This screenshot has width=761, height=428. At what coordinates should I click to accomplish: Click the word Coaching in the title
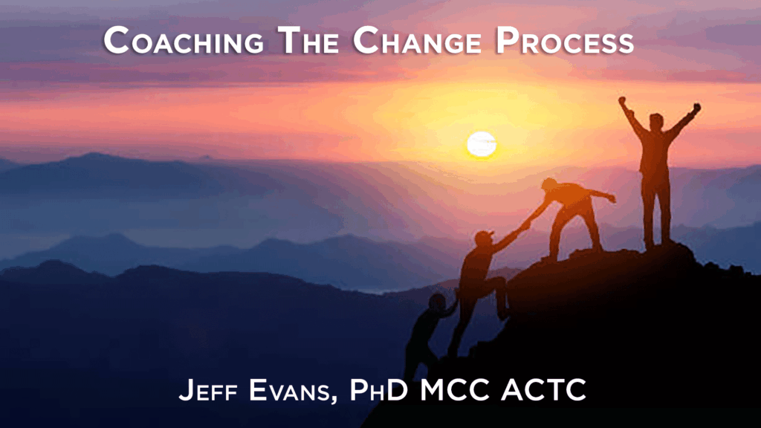184,40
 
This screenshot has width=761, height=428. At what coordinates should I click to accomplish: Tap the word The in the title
308,40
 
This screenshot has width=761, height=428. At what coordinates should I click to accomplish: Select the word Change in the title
417,40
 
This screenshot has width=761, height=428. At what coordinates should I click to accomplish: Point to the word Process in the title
565,40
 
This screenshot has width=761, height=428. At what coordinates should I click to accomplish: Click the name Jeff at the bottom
208,389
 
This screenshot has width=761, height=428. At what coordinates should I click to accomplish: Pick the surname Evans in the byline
289,389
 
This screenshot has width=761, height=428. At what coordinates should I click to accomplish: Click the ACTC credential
543,389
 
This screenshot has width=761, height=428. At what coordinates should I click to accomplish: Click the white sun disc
482,145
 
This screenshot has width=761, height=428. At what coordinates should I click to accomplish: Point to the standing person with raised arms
657,175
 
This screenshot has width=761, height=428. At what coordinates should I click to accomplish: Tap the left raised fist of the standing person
622,100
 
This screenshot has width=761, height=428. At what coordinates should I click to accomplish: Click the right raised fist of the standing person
697,107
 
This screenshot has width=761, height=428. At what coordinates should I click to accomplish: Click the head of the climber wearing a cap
484,238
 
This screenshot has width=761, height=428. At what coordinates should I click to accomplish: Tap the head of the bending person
549,184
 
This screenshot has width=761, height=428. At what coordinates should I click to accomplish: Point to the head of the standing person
656,121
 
